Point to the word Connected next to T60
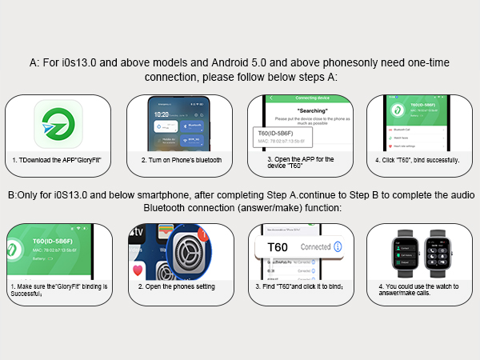pyautogui.click(x=314, y=246)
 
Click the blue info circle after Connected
pyautogui.click(x=337, y=246)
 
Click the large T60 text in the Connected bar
pyautogui.click(x=277, y=246)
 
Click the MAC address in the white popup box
pyautogui.click(x=286, y=143)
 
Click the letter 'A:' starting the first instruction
pyautogui.click(x=34, y=62)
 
